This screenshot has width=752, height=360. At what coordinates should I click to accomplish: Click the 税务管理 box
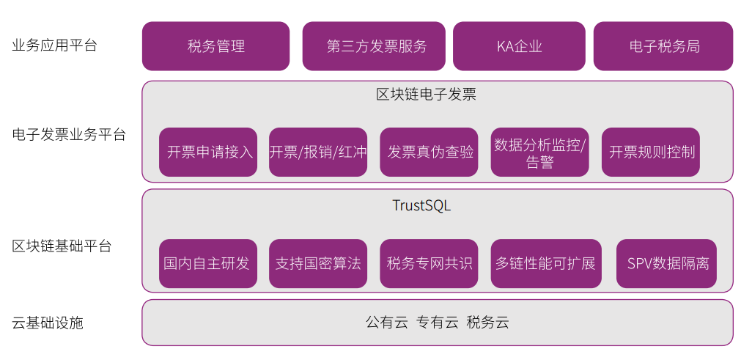tap(215, 46)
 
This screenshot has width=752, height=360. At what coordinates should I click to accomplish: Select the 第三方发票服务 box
tap(374, 46)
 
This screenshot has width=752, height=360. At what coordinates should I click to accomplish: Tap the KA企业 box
tap(519, 46)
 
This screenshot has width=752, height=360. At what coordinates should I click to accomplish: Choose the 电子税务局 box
tap(663, 46)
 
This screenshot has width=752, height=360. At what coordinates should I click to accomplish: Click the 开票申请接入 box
tap(208, 153)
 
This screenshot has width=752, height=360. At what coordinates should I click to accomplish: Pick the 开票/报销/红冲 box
tap(318, 153)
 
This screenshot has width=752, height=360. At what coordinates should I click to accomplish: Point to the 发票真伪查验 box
tap(430, 153)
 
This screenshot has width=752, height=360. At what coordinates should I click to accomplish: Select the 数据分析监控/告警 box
tap(540, 153)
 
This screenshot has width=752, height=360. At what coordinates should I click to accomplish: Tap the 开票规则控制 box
tap(651, 153)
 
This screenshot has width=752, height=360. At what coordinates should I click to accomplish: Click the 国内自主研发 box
tap(208, 263)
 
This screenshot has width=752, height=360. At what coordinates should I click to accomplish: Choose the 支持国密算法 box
tap(318, 263)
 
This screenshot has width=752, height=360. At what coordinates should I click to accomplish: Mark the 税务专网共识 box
tap(430, 263)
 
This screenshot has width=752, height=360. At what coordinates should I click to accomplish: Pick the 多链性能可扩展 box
tap(546, 263)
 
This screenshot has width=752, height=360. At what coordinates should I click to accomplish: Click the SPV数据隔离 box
tap(667, 263)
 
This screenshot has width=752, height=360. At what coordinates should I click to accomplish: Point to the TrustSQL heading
tap(421, 205)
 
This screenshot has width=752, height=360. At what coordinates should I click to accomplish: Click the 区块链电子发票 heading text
tap(427, 94)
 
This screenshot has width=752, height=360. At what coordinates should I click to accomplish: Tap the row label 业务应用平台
tap(55, 45)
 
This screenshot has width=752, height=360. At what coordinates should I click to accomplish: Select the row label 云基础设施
tap(48, 323)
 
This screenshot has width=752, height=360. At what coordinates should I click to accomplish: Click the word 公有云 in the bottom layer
tap(386, 323)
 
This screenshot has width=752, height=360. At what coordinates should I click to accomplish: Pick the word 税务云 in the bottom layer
tap(487, 323)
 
